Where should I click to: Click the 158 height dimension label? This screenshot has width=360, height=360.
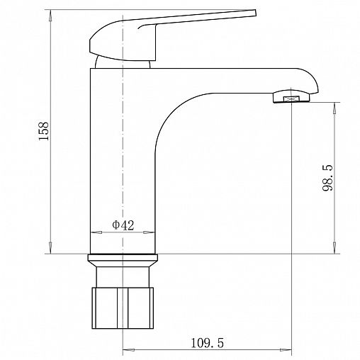pos(44,131)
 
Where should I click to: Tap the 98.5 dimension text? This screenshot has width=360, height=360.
pos(327,178)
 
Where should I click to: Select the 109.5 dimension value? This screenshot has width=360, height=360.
pos(207,343)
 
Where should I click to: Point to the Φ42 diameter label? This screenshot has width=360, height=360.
pos(123,225)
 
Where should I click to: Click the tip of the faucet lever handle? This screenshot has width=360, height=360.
pos(255,13)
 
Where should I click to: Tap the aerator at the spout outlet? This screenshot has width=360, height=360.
pos(291,97)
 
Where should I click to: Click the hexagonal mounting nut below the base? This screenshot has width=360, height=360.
pos(123,308)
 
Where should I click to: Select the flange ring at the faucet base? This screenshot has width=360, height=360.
pos(123,261)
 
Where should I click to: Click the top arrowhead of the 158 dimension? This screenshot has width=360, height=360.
pos(50,16)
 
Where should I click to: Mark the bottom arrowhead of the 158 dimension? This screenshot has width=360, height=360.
pos(50,248)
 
